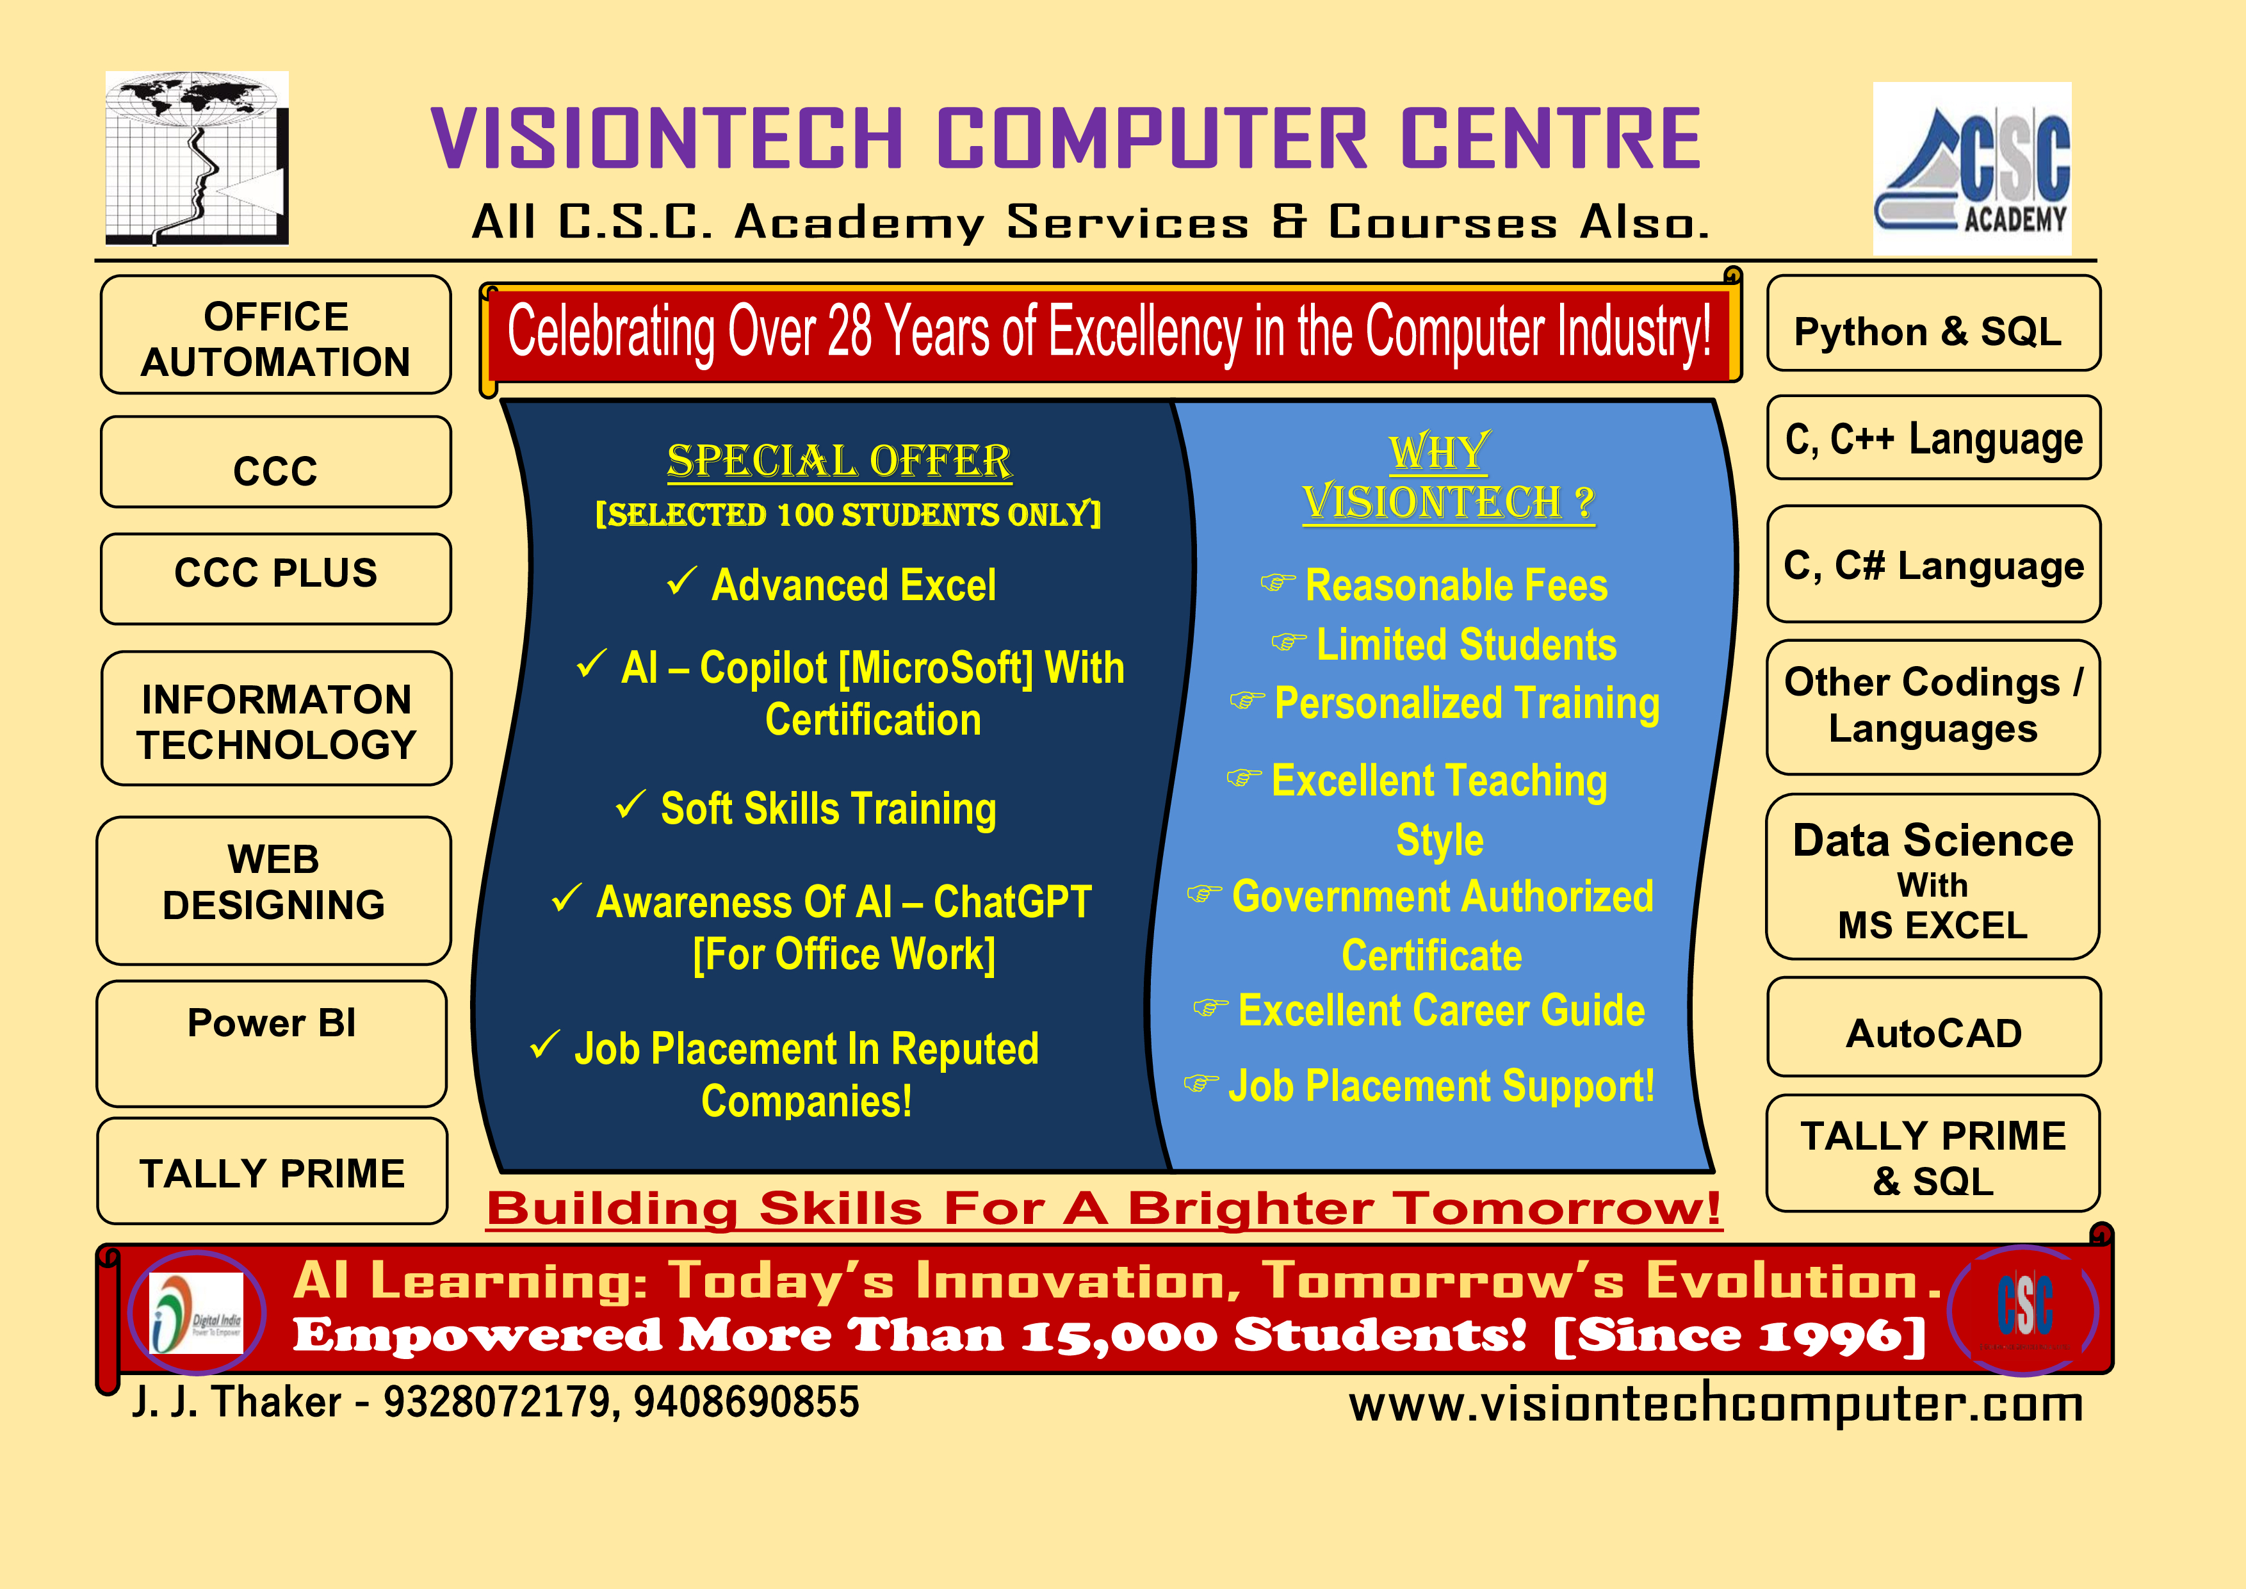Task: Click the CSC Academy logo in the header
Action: [1972, 168]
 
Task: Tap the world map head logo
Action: [197, 158]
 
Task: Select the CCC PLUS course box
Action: [276, 578]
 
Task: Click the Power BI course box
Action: [272, 1043]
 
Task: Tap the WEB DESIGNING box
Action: [274, 890]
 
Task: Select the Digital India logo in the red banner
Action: [197, 1313]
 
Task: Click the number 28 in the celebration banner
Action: [850, 330]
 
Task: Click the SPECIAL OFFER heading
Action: [840, 461]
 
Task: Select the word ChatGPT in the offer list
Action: [1013, 902]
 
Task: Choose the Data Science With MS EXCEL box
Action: [1933, 877]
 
